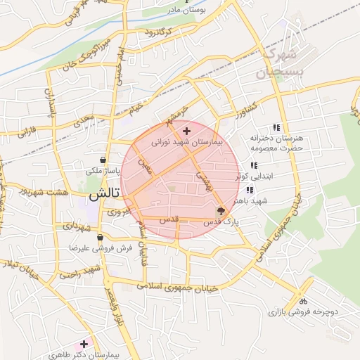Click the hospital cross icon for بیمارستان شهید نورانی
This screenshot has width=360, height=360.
pyautogui.click(x=186, y=131)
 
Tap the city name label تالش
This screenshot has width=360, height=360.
pyautogui.click(x=103, y=193)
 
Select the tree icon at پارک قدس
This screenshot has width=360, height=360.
pyautogui.click(x=221, y=210)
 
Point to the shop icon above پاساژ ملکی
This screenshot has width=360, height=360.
pyautogui.click(x=103, y=160)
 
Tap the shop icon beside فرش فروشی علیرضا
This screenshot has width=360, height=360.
pyautogui.click(x=101, y=238)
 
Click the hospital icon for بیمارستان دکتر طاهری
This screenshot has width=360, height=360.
pyautogui.click(x=84, y=344)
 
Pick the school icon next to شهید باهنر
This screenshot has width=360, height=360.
pyautogui.click(x=250, y=190)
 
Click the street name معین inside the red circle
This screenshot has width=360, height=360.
pyautogui.click(x=146, y=166)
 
